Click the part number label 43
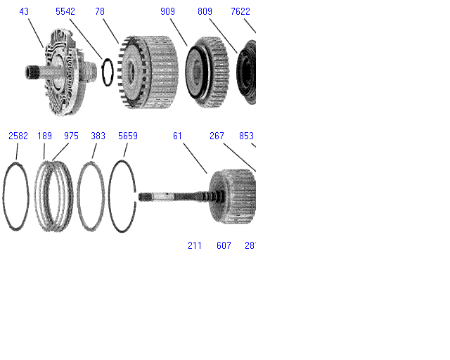[25, 12]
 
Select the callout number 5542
[66, 12]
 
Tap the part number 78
[100, 12]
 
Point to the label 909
[168, 12]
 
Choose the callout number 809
[205, 12]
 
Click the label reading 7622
[240, 12]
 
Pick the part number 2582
[18, 136]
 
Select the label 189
[44, 136]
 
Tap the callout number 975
[71, 136]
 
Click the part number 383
[98, 136]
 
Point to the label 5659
[128, 136]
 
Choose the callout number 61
[178, 136]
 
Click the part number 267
[217, 136]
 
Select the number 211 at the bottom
[195, 245]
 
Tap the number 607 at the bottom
[224, 245]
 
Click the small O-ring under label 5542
[105, 72]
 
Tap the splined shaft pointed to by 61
[172, 197]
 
